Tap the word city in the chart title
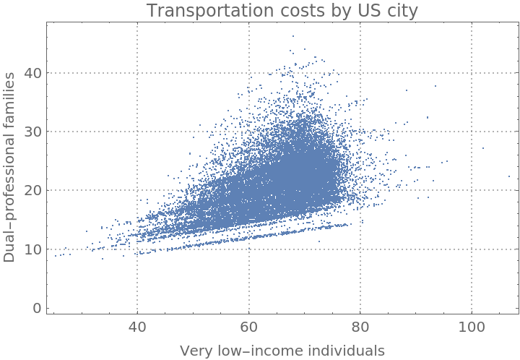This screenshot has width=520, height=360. tap(402, 11)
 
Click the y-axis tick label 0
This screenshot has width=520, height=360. tap(36, 308)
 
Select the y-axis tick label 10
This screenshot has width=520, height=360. tap(32, 249)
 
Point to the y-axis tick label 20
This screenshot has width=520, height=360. tap(32, 190)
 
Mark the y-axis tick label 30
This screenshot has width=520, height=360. tap(32, 132)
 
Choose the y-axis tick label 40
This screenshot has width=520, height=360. tap(32, 73)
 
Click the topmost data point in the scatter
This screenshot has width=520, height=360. tap(293, 35)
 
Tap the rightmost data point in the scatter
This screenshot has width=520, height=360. tap(508, 176)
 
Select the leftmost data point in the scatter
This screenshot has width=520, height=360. tap(56, 255)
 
